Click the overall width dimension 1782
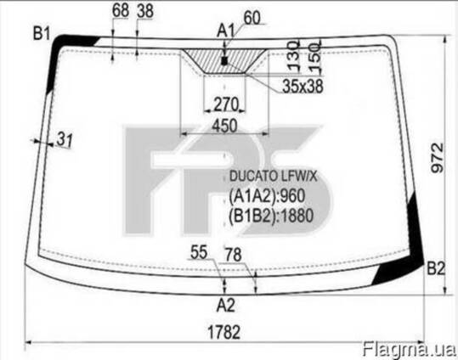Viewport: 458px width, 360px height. [224, 332]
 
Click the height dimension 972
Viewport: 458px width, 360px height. [438, 158]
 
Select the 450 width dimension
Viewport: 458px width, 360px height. [224, 127]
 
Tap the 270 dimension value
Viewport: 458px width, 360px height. [226, 104]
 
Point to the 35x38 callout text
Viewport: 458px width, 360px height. [303, 86]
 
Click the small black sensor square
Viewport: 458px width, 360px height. [224, 61]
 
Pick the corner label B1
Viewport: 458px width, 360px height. [42, 33]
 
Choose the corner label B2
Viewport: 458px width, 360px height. [436, 268]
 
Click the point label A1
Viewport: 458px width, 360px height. [226, 31]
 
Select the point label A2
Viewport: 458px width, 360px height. [226, 306]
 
